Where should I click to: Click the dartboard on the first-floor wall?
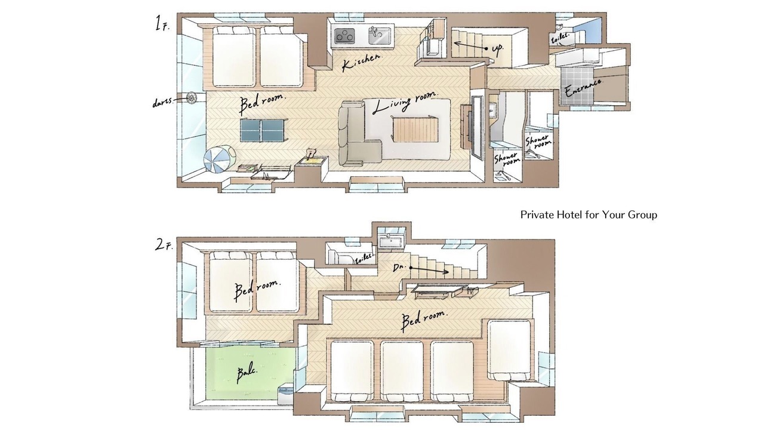point(191,97)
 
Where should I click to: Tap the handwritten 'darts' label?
point(164,102)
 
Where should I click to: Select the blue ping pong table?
point(263,130)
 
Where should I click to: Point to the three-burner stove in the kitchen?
point(345,35)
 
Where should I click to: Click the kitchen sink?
point(379,35)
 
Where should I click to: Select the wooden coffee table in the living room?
point(415,130)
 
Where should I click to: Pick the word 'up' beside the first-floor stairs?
point(497,49)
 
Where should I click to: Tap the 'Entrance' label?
point(584,88)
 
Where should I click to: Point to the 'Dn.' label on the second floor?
point(399,268)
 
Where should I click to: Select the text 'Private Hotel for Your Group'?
point(589,214)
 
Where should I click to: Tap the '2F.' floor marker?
point(164,245)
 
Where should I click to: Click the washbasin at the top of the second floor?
point(391,242)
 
